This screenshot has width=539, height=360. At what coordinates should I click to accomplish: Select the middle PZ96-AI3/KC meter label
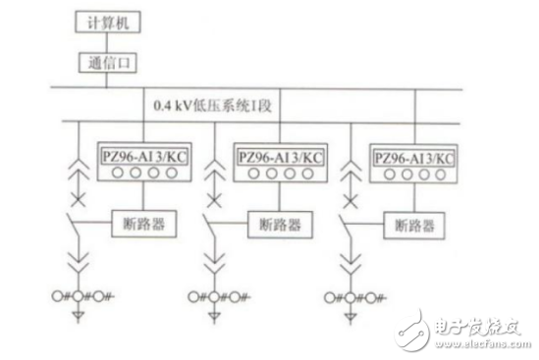[280, 154]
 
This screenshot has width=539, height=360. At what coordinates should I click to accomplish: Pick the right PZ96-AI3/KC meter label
[414, 157]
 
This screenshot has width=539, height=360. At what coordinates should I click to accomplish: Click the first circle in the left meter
[113, 174]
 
